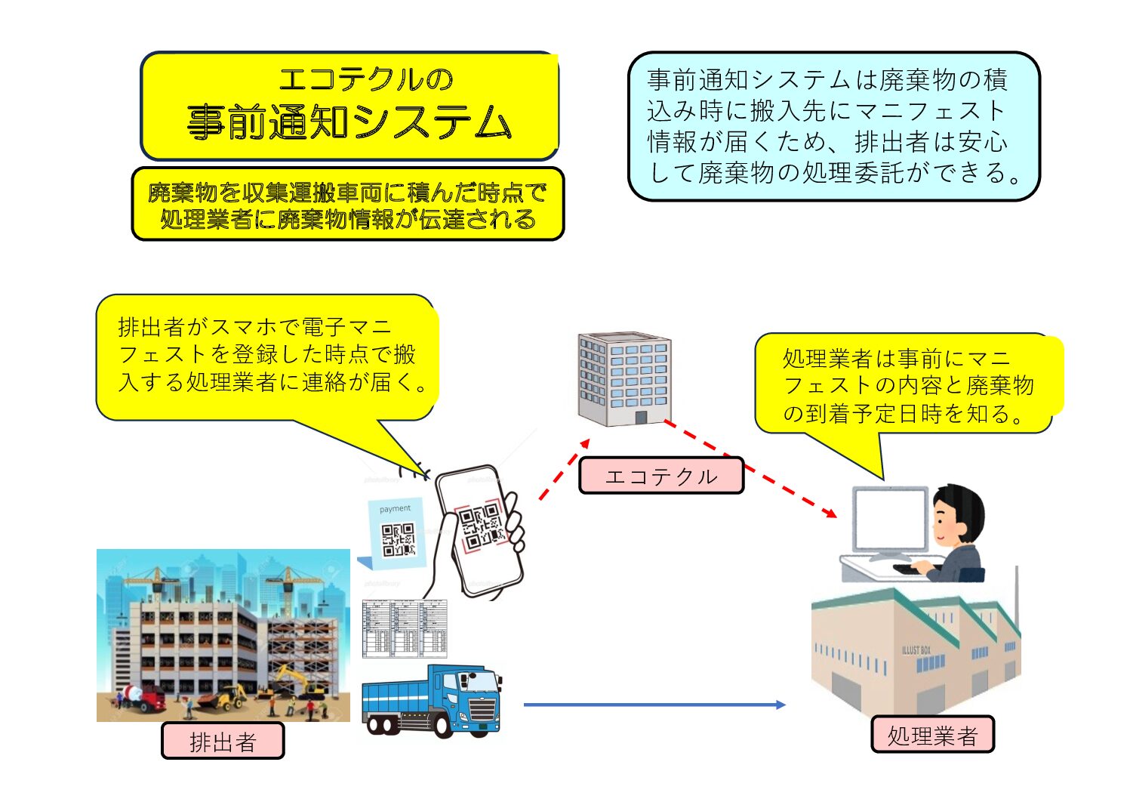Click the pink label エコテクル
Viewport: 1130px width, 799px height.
click(660, 476)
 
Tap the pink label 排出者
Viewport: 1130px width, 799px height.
click(223, 741)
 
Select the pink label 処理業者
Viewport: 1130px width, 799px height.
click(932, 735)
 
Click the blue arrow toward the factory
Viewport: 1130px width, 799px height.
click(654, 705)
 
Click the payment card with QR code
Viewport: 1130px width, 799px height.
click(396, 533)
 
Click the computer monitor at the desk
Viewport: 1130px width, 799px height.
click(890, 521)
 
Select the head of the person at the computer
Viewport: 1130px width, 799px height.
click(958, 514)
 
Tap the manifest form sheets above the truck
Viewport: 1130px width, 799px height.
click(405, 628)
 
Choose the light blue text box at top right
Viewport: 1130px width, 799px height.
click(833, 126)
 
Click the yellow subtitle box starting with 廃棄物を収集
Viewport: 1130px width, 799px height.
click(348, 205)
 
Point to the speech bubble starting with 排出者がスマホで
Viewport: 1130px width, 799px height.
click(268, 355)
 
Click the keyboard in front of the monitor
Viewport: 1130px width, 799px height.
click(915, 568)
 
